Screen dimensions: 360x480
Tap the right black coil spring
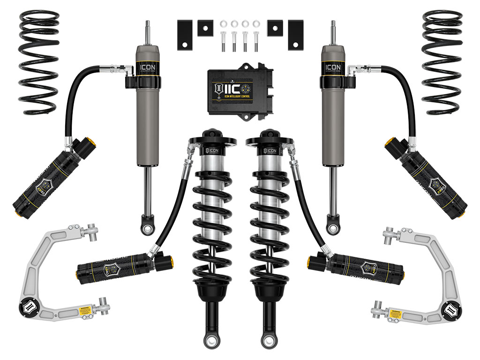442,61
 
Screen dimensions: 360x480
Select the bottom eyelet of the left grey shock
148,228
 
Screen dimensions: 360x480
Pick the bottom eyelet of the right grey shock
333,228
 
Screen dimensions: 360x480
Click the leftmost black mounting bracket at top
185,35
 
